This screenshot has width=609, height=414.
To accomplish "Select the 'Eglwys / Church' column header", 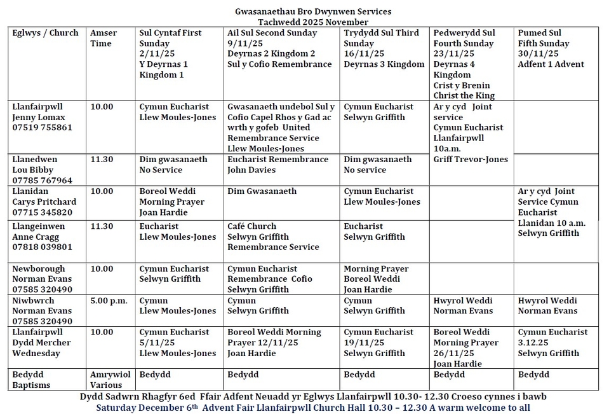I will (46, 33).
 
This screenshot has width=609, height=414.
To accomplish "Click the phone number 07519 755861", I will (42, 127).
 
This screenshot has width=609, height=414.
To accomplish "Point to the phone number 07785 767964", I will (42, 181).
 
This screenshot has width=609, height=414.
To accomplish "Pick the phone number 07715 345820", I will (42, 212).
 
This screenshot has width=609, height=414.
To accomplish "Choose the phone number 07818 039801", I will (42, 247).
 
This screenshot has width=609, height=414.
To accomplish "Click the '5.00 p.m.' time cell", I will (109, 301).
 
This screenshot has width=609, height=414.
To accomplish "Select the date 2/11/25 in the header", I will (155, 54).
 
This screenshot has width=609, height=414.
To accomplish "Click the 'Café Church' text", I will (252, 226).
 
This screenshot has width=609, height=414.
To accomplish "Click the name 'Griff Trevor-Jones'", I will (471, 160).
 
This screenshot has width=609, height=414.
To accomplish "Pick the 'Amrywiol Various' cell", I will (106, 380).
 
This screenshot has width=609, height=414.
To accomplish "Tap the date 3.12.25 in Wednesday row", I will (535, 343).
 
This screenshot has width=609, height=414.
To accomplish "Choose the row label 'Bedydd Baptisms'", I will (31, 380).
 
